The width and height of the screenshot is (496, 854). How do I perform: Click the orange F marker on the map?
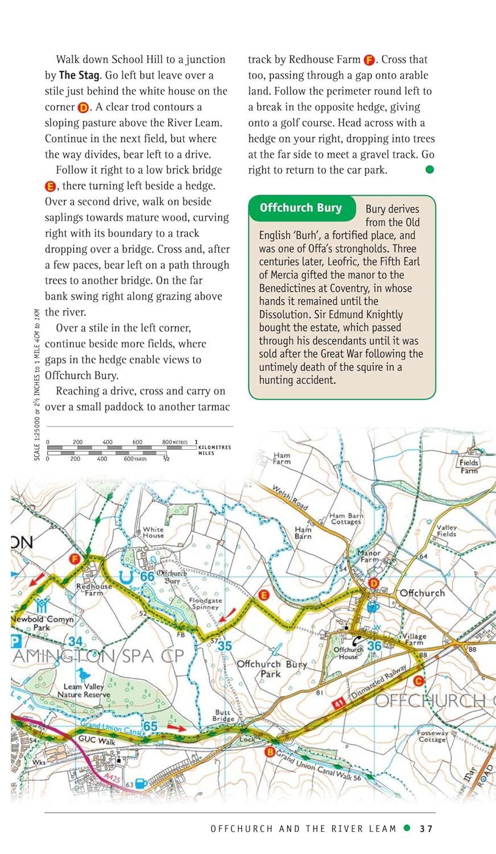tap(74, 559)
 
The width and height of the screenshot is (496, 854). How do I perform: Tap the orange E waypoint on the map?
tap(263, 596)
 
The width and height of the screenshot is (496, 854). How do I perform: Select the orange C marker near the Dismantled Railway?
tap(419, 681)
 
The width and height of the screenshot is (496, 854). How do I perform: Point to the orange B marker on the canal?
tap(271, 752)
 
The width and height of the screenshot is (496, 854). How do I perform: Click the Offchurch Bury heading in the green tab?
tap(300, 208)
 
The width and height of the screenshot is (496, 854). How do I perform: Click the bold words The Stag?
tap(79, 75)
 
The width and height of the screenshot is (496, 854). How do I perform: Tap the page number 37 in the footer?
tap(426, 828)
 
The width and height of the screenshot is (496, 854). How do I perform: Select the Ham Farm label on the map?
tap(282, 458)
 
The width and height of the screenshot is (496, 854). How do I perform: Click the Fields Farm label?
tap(469, 466)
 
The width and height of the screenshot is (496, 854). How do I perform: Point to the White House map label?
tap(153, 532)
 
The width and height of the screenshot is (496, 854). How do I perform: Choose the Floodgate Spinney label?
tap(205, 603)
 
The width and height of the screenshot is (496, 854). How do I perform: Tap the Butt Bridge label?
tap(223, 715)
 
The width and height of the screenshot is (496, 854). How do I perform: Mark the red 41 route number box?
tap(339, 704)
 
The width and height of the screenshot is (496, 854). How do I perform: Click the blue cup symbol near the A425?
tap(141, 784)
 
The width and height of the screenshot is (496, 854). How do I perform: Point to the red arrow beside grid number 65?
tap(176, 728)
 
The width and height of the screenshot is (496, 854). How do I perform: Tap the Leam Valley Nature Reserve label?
tap(84, 691)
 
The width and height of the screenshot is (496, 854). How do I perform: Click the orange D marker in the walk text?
tap(83, 108)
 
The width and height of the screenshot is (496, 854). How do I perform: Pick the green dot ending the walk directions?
tap(429, 170)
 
